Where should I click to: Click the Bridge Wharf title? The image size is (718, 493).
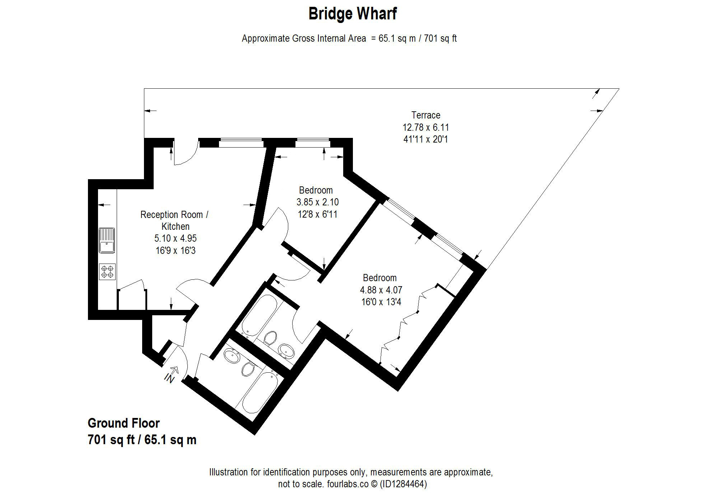click(353, 14)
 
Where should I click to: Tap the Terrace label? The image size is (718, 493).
click(426, 115)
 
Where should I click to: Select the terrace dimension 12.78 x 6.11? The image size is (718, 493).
click(426, 127)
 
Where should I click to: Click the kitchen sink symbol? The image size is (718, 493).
click(107, 241)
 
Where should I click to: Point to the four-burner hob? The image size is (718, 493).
click(107, 272)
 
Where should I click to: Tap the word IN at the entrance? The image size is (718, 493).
click(169, 378)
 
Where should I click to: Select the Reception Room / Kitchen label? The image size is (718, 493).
click(175, 220)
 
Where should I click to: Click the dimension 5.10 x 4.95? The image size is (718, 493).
click(176, 238)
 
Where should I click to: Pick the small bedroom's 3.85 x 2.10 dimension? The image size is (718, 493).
click(317, 202)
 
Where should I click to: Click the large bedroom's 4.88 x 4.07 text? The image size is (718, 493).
click(381, 290)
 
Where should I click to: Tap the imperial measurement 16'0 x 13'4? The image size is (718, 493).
click(381, 302)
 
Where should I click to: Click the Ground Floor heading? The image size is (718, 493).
click(123, 423)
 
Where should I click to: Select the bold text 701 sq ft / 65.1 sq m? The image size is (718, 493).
click(142, 440)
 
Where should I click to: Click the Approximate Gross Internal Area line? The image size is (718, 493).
click(349, 38)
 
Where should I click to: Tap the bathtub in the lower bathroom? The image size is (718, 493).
click(260, 392)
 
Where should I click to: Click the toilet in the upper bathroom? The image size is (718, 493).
click(270, 337)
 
